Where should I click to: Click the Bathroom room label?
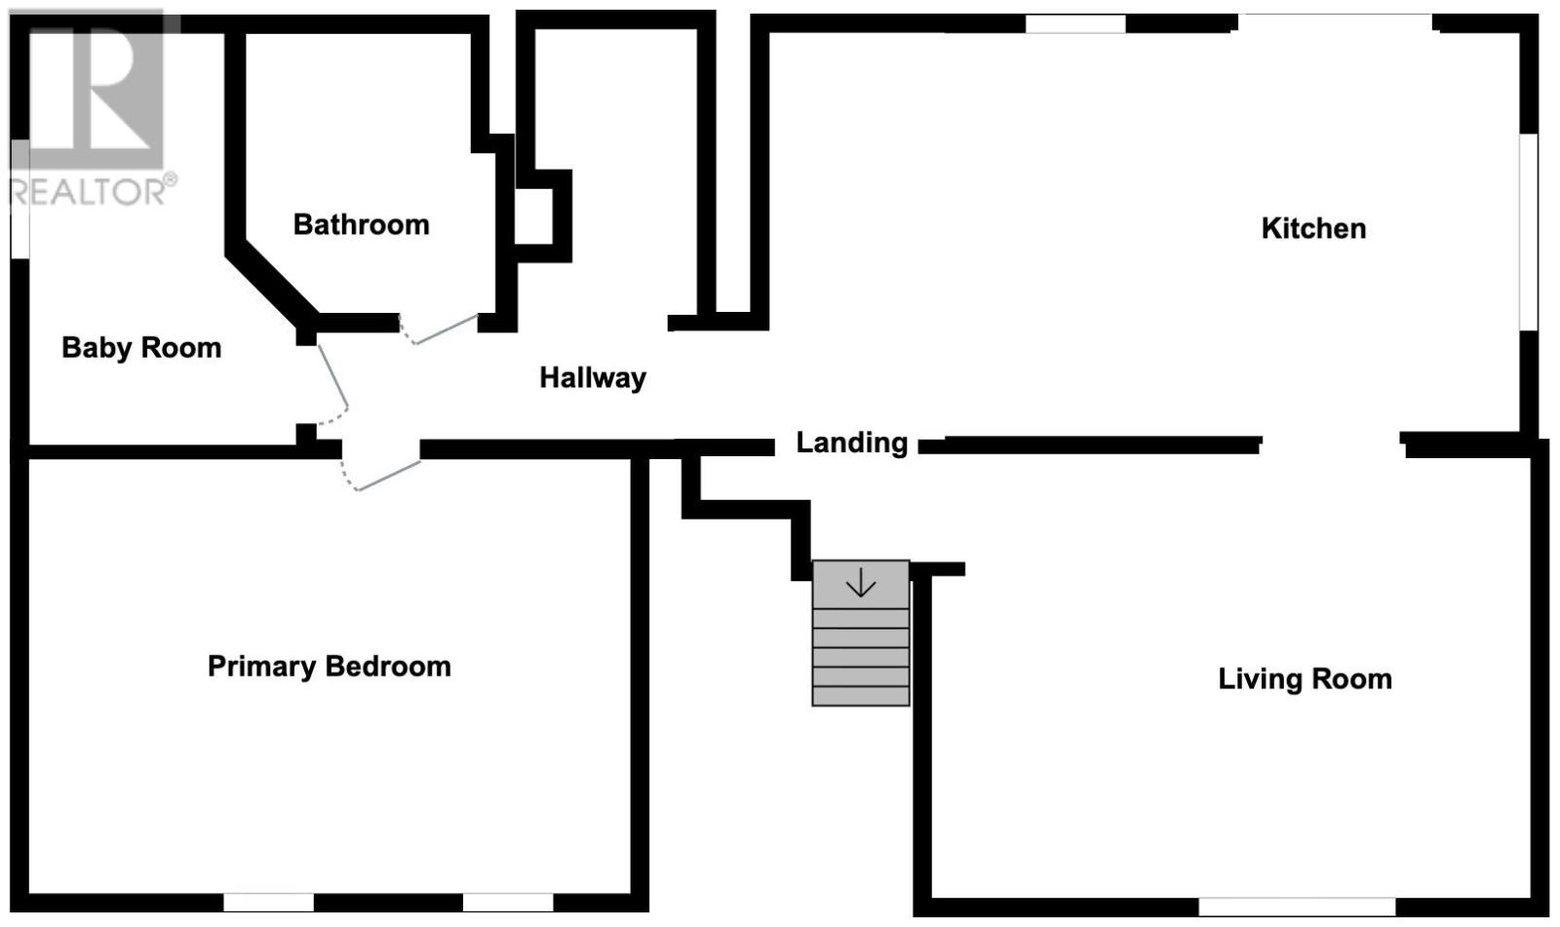click(361, 225)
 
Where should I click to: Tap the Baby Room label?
click(141, 348)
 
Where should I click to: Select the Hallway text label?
click(593, 378)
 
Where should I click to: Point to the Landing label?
click(852, 443)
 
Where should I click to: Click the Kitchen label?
click(1313, 228)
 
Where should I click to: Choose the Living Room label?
click(1305, 679)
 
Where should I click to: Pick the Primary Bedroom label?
click(330, 667)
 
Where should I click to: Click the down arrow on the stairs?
click(860, 582)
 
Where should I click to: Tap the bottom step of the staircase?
click(861, 696)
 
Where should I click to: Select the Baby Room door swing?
click(332, 384)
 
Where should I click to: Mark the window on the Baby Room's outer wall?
click(20, 199)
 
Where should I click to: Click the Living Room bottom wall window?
click(1297, 907)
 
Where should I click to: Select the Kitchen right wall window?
click(1528, 232)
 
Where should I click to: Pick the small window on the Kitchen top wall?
click(1075, 23)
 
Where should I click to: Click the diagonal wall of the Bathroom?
click(272, 286)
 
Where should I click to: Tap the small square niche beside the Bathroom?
click(534, 215)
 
